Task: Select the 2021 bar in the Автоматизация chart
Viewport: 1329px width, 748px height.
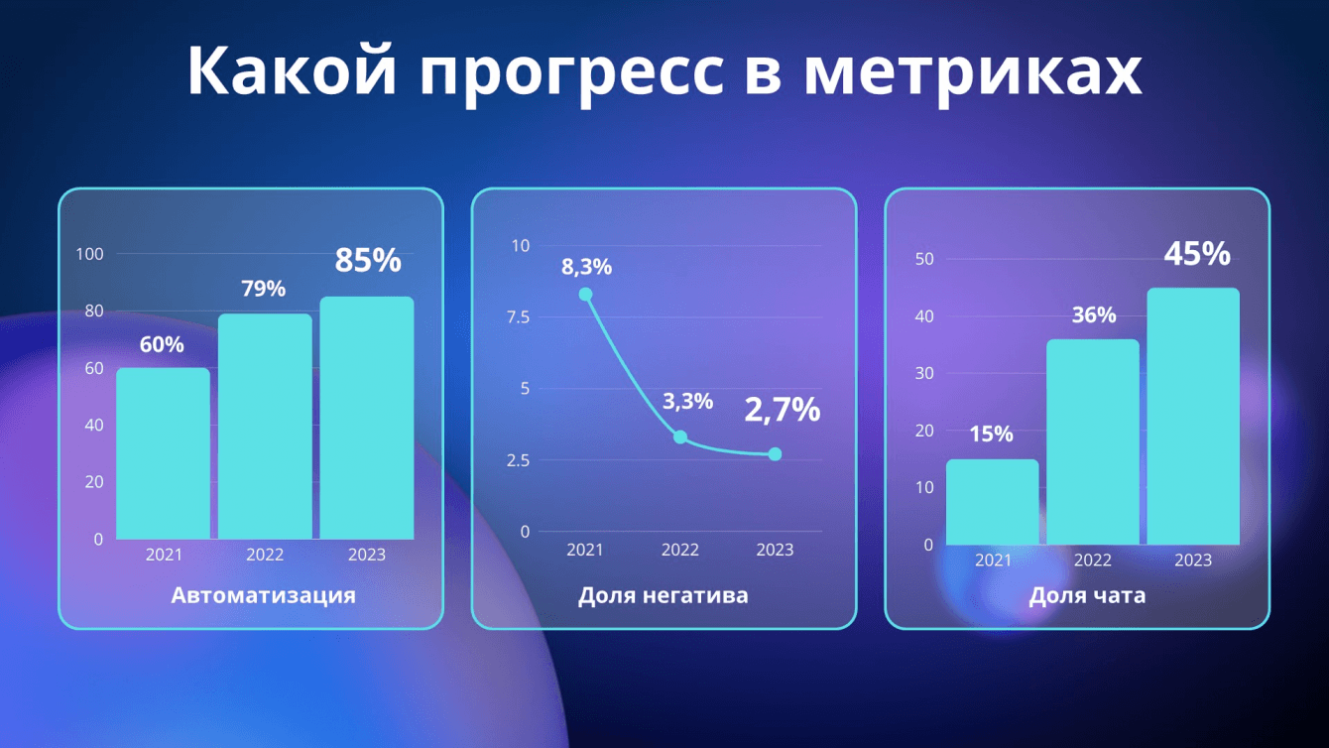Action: (x=164, y=453)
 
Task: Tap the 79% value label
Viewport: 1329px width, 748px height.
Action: (x=264, y=289)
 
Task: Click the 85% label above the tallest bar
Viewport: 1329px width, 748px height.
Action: (x=368, y=260)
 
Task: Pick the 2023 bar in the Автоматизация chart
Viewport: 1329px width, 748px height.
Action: (x=367, y=418)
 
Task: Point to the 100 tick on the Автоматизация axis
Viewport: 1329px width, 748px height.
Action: (x=89, y=254)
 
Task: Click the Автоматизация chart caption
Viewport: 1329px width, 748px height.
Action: (x=264, y=595)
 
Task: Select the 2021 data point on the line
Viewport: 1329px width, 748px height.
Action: (x=585, y=295)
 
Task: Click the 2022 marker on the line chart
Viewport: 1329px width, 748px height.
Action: (x=680, y=437)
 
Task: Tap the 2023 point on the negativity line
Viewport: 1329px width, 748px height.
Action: (x=775, y=454)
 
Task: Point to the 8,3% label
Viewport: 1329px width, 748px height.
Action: (x=587, y=267)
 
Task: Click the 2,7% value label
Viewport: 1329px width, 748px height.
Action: (x=783, y=411)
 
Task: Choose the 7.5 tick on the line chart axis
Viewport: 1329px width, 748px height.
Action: (x=518, y=317)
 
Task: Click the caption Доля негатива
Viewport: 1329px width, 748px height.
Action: (x=664, y=595)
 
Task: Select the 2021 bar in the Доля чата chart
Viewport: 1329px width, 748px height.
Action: (x=993, y=502)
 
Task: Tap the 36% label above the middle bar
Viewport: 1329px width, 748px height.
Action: (x=1094, y=314)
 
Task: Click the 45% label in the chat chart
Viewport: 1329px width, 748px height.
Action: (x=1197, y=254)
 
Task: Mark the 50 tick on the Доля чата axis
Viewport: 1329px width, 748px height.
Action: (x=924, y=259)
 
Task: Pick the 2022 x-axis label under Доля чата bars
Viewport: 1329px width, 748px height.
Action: (x=1093, y=560)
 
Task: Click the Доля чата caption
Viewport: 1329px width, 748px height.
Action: (x=1088, y=595)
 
